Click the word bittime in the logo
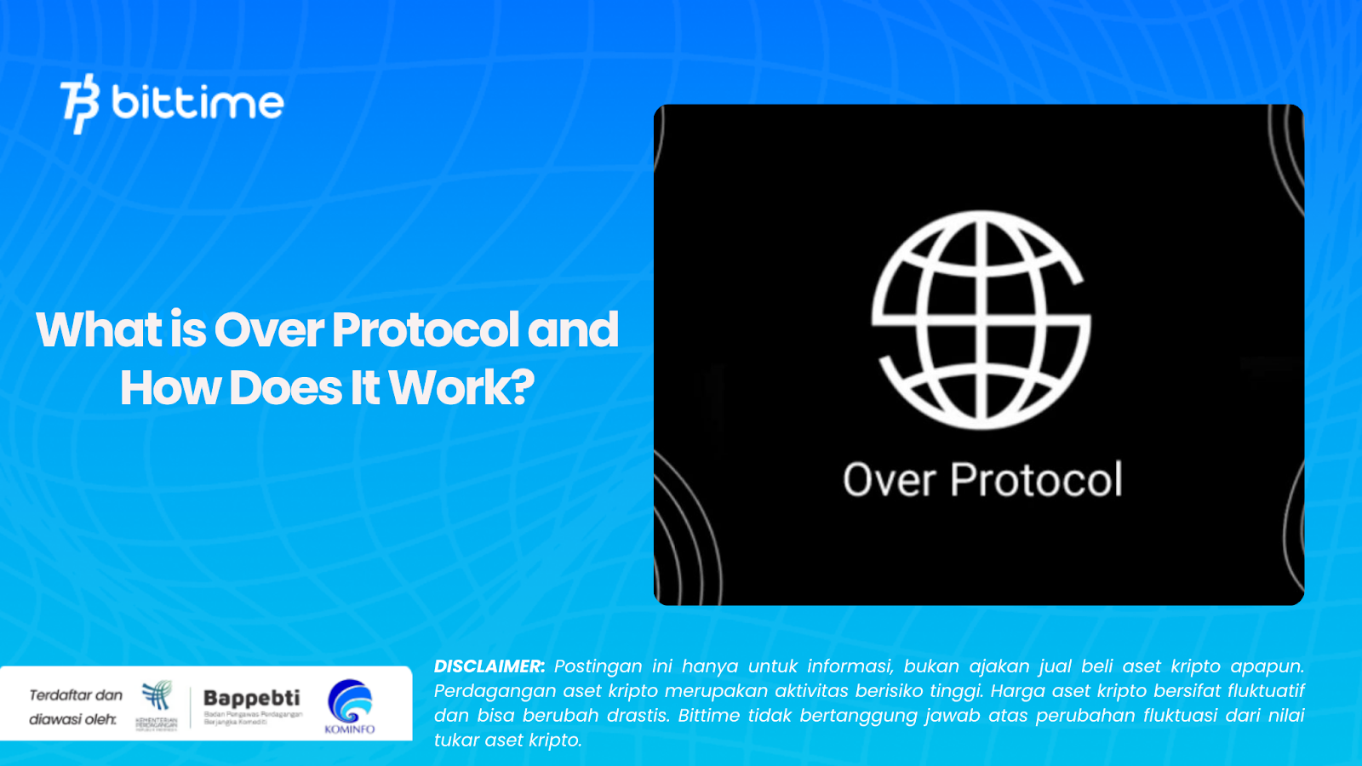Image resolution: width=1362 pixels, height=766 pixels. click(197, 103)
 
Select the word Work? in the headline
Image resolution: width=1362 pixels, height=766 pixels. click(462, 388)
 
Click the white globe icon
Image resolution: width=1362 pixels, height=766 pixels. click(981, 319)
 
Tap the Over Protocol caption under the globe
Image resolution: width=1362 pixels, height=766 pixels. click(982, 480)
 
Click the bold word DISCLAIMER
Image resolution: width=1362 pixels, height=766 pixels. click(489, 666)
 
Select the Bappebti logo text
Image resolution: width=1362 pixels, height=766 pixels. click(252, 699)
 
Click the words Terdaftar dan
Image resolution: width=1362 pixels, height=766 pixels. click(76, 695)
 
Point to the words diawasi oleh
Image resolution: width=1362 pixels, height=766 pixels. click(72, 720)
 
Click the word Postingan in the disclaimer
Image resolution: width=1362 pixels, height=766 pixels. click(598, 666)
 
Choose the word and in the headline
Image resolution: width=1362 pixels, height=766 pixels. click(573, 330)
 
